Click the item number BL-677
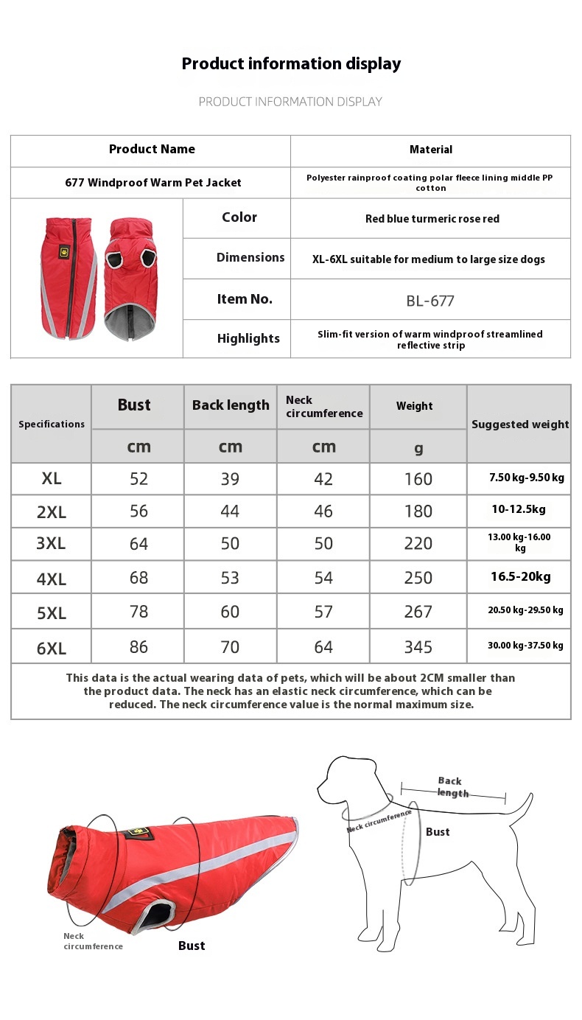pyautogui.click(x=430, y=301)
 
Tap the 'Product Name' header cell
pyautogui.click(x=152, y=150)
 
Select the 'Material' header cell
pyautogui.click(x=431, y=150)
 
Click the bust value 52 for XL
pyautogui.click(x=139, y=479)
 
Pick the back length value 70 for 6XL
pyautogui.click(x=230, y=647)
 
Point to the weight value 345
pyautogui.click(x=418, y=647)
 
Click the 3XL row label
pyautogui.click(x=51, y=544)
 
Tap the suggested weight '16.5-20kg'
pyautogui.click(x=520, y=577)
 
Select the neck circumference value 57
pyautogui.click(x=323, y=612)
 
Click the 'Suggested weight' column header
pyautogui.click(x=520, y=425)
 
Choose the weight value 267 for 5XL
pyautogui.click(x=418, y=612)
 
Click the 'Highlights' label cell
pyautogui.click(x=248, y=339)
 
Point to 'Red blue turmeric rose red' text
pyautogui.click(x=432, y=219)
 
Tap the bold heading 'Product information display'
pyautogui.click(x=291, y=64)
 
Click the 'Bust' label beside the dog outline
pyautogui.click(x=438, y=832)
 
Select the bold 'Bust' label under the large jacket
pyautogui.click(x=192, y=946)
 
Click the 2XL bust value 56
pyautogui.click(x=139, y=511)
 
